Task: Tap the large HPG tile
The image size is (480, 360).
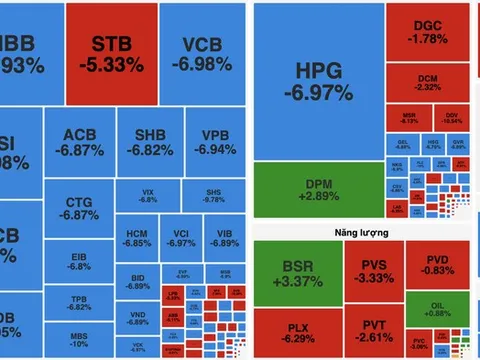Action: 317,80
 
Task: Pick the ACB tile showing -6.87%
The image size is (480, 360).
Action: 80,142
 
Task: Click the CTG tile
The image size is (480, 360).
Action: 78,207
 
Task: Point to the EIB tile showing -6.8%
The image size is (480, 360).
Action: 78,261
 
